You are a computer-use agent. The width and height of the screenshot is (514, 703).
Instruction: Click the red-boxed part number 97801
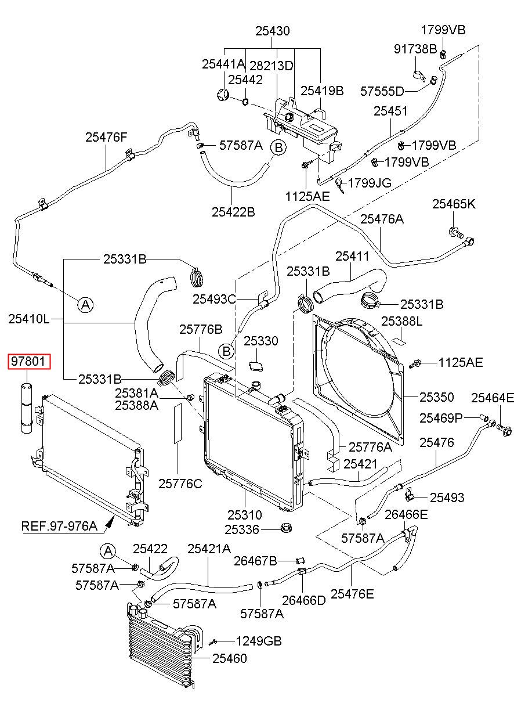coord(28,361)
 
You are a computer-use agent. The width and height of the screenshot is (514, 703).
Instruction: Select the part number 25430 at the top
coord(273,31)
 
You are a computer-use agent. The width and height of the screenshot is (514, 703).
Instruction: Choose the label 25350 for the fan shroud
coord(436,397)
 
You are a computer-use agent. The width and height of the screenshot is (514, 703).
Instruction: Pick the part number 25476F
coord(106,137)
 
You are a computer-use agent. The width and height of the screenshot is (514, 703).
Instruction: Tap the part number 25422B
coord(233,212)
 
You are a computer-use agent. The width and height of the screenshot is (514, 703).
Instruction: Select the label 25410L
coord(29,319)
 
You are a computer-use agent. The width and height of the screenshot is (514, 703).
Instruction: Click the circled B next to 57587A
coord(278,147)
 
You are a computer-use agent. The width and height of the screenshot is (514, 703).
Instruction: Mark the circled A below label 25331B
coord(86,304)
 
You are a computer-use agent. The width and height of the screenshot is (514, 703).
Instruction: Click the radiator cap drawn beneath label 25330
coord(256,366)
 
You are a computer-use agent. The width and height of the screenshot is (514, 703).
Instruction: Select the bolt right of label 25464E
coord(504,429)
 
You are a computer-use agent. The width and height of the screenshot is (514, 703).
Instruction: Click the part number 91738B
coord(415,49)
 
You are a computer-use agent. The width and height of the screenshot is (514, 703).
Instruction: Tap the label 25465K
coord(454,204)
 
